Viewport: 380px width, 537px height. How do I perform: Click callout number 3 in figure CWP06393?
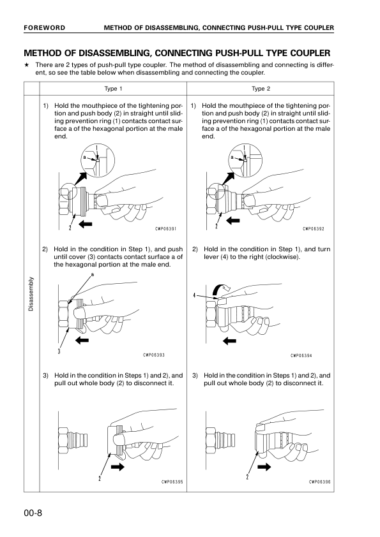[x=59, y=350]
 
